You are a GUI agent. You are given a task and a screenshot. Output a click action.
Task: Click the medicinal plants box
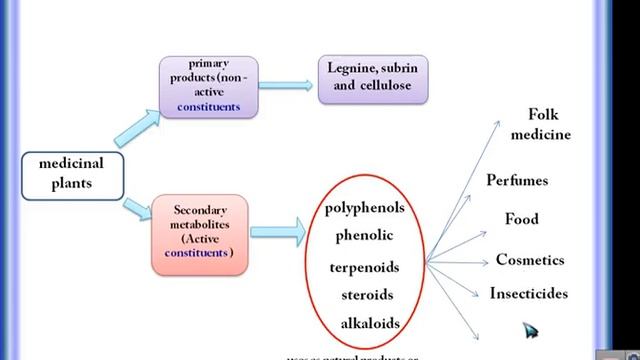[x=71, y=174]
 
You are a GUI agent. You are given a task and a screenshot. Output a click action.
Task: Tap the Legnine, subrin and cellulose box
[x=372, y=78]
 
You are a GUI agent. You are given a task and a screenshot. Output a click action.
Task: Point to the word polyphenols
[x=365, y=208]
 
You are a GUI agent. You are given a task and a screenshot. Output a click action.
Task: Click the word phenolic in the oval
[x=365, y=236]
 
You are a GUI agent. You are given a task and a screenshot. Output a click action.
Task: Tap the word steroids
[x=366, y=295]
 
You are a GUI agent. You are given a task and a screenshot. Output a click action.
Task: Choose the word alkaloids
[x=370, y=323]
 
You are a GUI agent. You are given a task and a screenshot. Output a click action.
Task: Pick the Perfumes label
[x=517, y=181]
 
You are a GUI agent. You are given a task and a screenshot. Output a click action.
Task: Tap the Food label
[x=521, y=219]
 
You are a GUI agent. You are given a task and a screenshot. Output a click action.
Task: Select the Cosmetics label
[x=530, y=260]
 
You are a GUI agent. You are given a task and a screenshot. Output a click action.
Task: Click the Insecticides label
[x=529, y=294]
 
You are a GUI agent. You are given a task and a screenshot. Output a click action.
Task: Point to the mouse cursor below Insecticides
[x=529, y=330]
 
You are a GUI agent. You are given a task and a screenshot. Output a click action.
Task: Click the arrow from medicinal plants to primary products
[x=136, y=128]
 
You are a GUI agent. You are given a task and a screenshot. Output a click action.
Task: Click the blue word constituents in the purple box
[x=209, y=106]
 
